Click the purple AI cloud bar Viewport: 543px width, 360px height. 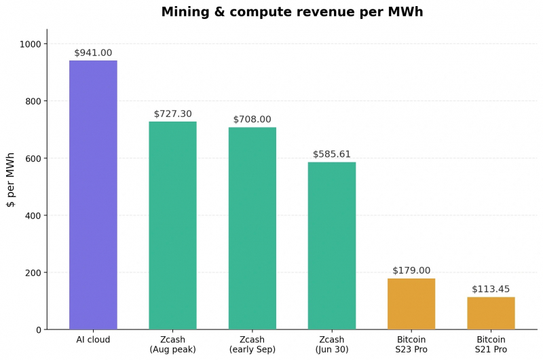pyautogui.click(x=93, y=195)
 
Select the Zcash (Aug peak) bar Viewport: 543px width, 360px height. pyautogui.click(x=173, y=226)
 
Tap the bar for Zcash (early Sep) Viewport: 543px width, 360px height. pyautogui.click(x=252, y=228)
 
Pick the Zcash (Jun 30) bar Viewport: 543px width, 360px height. pyautogui.click(x=332, y=246)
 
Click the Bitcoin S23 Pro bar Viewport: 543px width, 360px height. pyautogui.click(x=411, y=304)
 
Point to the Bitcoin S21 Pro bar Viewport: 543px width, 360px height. pyautogui.click(x=491, y=313)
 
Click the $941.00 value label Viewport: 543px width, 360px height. pyautogui.click(x=93, y=53)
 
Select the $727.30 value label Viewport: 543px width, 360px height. pyautogui.click(x=173, y=113)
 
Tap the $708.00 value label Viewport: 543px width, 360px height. pyautogui.click(x=252, y=119)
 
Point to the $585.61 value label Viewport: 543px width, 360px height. pyautogui.click(x=332, y=154)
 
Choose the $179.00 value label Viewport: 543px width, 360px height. pyautogui.click(x=411, y=270)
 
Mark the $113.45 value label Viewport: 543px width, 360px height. pyautogui.click(x=491, y=289)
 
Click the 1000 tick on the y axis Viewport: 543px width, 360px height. pyautogui.click(x=31, y=44)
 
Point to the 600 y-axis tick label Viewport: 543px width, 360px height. pyautogui.click(x=33, y=158)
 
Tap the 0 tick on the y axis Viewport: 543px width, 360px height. pyautogui.click(x=39, y=330)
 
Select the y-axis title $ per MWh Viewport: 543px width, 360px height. pyautogui.click(x=11, y=180)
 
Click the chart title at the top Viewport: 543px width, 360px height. pyautogui.click(x=293, y=12)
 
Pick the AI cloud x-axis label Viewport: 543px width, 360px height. pyautogui.click(x=93, y=340)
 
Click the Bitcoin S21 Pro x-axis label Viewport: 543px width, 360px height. pyautogui.click(x=491, y=344)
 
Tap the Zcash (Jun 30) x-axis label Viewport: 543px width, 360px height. pyautogui.click(x=332, y=344)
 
